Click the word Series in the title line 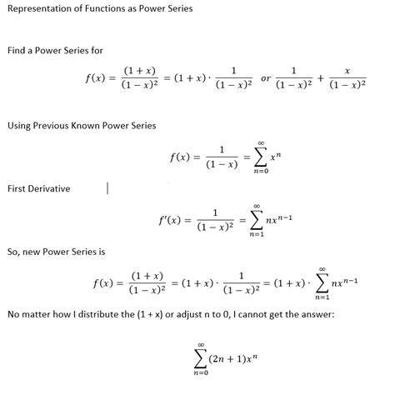point(177,9)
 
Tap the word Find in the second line point(17,51)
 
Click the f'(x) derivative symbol point(169,220)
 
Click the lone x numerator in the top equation point(345,71)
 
